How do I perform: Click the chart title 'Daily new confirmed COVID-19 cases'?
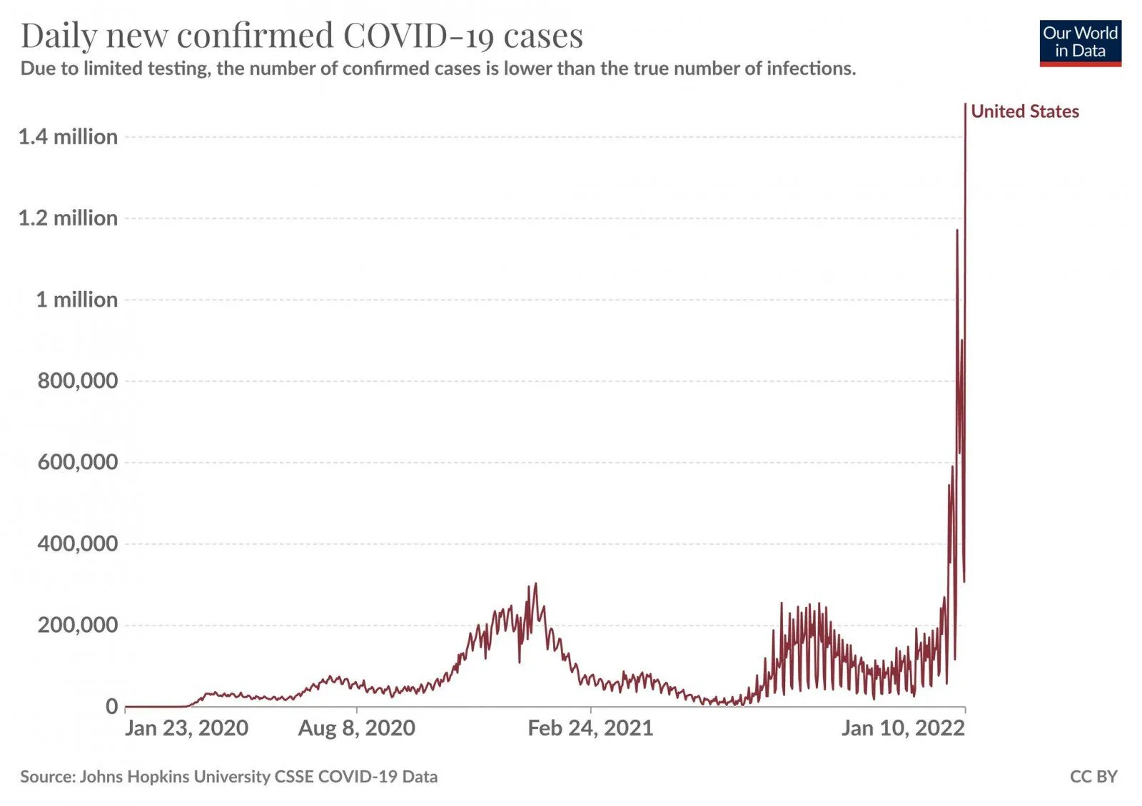tap(301, 36)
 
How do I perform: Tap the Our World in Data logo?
tap(1080, 43)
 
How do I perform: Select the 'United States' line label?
tap(1025, 111)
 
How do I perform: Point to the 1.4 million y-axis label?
tap(68, 136)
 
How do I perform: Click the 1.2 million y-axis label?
tap(68, 218)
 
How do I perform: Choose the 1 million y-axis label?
tap(76, 299)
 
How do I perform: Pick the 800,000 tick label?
tap(77, 380)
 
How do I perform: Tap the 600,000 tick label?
tap(77, 461)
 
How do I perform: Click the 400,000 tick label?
tap(77, 543)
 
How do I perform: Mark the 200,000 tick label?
tap(77, 625)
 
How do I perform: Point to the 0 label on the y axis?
tap(111, 706)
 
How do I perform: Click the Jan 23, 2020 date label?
tap(186, 728)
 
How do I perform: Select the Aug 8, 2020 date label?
tap(357, 728)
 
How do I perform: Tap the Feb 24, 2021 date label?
tap(590, 728)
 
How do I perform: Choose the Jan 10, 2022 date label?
tap(903, 728)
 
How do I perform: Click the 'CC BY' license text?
tap(1093, 776)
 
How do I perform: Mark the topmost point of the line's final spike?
tap(965, 104)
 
